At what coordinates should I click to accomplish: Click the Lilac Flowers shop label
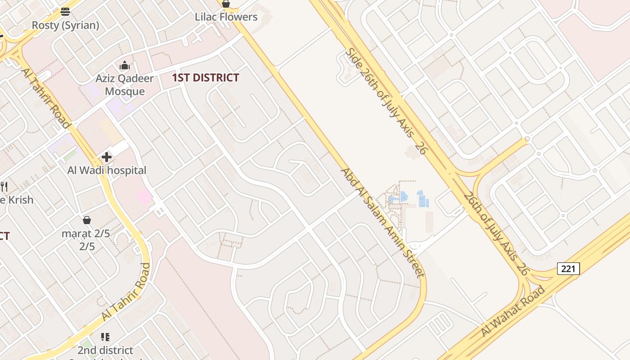click(x=226, y=17)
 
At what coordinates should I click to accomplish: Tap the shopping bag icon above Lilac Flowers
click(x=226, y=4)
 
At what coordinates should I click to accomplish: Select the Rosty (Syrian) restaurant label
click(x=65, y=25)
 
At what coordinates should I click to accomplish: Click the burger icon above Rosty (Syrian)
click(x=65, y=12)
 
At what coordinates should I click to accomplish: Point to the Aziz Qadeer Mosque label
click(x=124, y=85)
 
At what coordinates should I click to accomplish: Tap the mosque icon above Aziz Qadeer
click(x=125, y=66)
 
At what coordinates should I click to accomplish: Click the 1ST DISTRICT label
click(x=205, y=78)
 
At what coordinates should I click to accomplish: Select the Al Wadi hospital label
click(x=107, y=171)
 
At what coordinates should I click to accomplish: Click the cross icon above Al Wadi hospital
click(x=107, y=157)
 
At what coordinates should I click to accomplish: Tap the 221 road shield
click(x=568, y=269)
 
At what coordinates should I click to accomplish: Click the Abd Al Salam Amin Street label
click(x=382, y=223)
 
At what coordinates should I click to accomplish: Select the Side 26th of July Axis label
click(x=385, y=101)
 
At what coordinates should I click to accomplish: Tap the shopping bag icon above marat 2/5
click(x=87, y=220)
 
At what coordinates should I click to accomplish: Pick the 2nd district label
click(x=105, y=350)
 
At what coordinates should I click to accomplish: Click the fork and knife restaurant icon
click(x=4, y=186)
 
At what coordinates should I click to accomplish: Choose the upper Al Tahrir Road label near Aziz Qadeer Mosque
click(x=45, y=99)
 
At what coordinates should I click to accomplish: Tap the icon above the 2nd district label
click(x=105, y=337)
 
